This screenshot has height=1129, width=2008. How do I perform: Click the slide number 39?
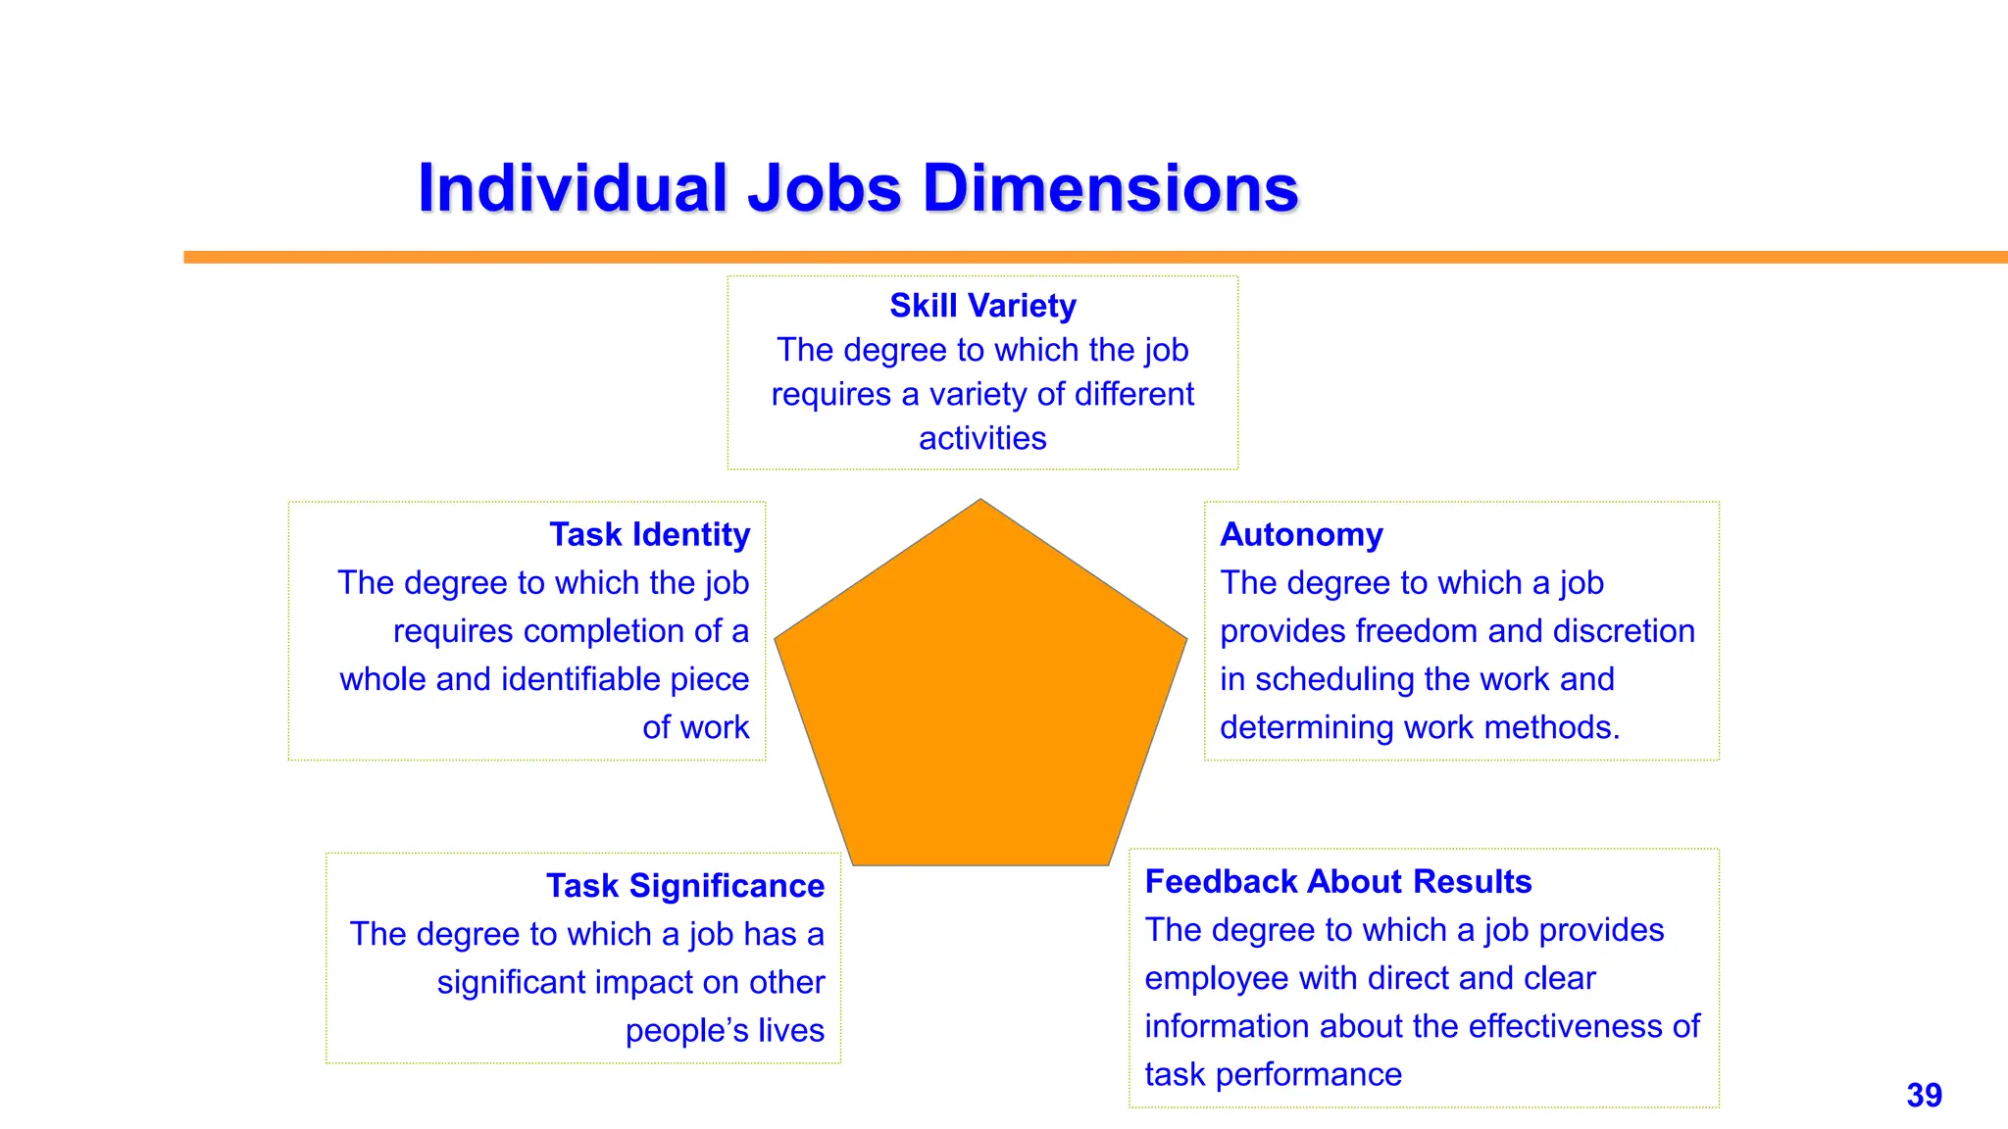[x=1924, y=1095]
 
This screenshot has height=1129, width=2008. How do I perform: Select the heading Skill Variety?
[x=982, y=306]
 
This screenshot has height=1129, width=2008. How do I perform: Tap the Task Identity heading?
[x=649, y=534]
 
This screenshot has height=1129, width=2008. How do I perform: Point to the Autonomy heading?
[x=1301, y=534]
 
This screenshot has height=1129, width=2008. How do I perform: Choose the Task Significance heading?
[x=685, y=886]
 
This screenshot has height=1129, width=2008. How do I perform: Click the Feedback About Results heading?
[x=1337, y=882]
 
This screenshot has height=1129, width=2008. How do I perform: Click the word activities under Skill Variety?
[x=982, y=438]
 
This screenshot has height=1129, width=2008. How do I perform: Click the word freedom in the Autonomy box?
[x=1424, y=631]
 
